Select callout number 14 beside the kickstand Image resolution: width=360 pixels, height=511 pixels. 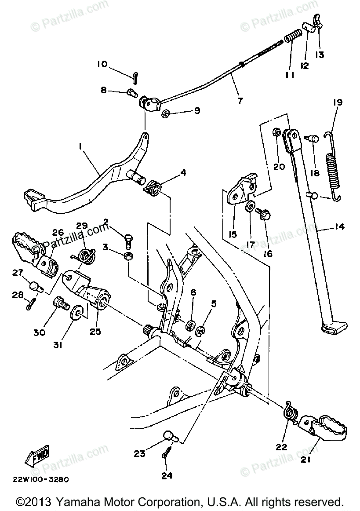tap(338, 227)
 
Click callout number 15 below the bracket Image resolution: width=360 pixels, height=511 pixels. tap(233, 234)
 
